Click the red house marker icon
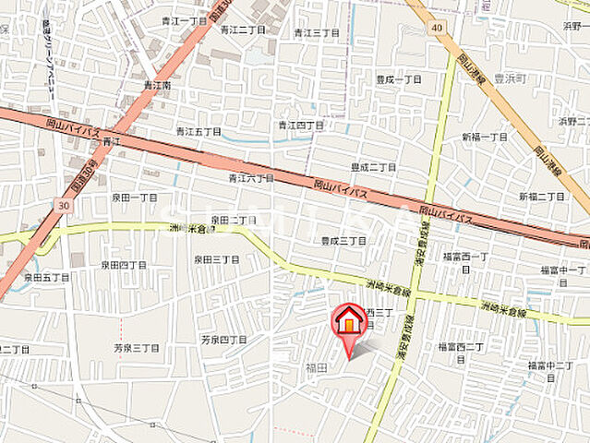point(349,320)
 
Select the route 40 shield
point(436,28)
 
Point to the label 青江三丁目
point(317,33)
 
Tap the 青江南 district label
point(158,86)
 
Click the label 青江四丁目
point(300,125)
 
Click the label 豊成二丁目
point(373,167)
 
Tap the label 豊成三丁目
point(343,240)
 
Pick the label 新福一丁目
point(485,137)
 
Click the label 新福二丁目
point(541,197)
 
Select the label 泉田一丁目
point(136,198)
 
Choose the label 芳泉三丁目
point(136,349)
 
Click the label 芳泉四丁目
point(223,340)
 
